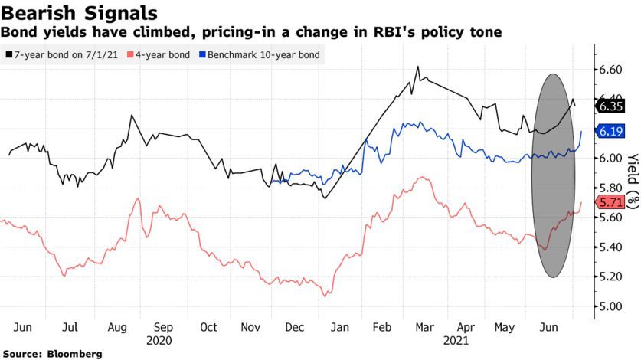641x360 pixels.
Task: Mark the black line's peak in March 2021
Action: [418, 67]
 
